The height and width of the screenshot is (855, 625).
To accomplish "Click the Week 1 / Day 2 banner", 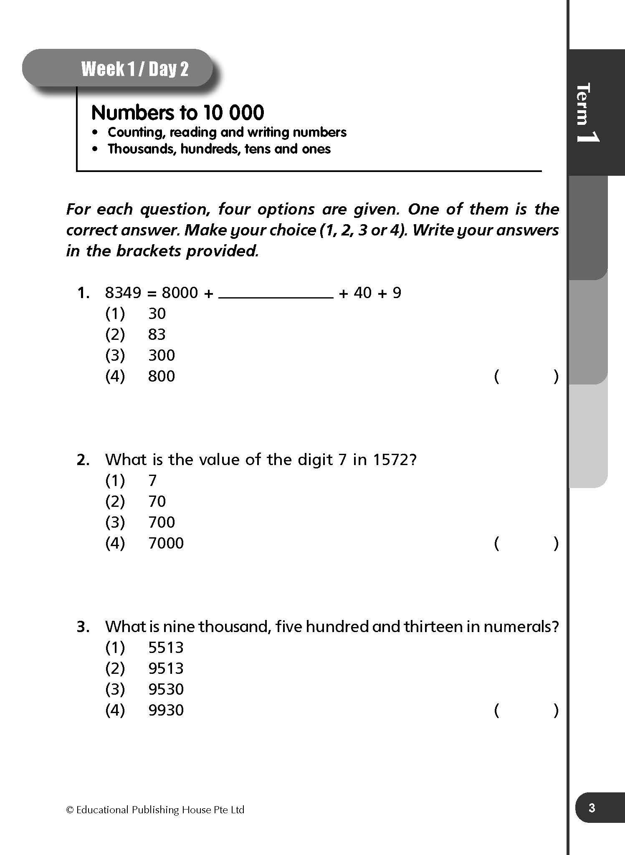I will (134, 69).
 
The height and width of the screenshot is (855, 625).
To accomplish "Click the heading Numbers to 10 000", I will (177, 113).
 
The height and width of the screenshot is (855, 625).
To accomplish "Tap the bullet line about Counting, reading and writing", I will (227, 132).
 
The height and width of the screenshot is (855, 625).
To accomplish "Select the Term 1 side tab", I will (587, 112).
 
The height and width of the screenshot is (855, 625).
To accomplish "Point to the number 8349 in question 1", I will (123, 293).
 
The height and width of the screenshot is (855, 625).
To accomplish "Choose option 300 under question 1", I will (162, 355).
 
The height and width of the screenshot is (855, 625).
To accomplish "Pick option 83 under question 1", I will (157, 334).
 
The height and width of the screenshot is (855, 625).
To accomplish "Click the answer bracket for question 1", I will (526, 376).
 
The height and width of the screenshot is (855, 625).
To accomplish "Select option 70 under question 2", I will (157, 501).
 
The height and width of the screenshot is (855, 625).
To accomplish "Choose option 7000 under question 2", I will (166, 543).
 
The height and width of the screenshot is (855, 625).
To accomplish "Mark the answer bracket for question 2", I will (526, 543).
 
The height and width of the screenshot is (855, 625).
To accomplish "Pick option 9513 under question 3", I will (166, 668).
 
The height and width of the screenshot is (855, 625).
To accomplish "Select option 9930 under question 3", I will (166, 710).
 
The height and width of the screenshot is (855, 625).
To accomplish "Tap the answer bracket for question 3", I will (526, 710).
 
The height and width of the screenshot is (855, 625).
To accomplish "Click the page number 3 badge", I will (592, 808).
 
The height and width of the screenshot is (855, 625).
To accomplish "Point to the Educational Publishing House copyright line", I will (155, 810).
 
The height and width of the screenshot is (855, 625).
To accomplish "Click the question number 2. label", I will (83, 460).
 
